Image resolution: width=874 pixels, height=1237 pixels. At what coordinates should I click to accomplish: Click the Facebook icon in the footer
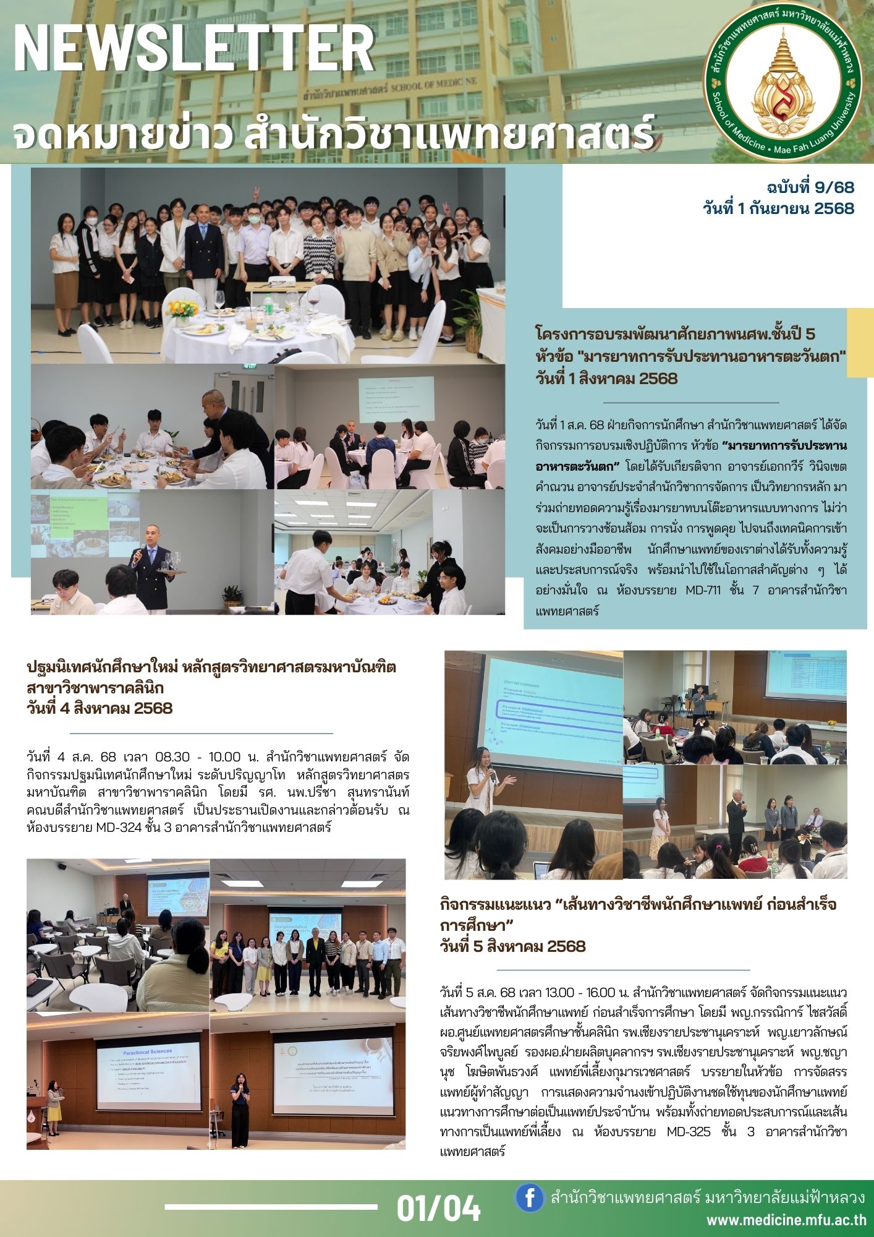530,1198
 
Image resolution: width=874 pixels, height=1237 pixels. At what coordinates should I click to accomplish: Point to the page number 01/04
438,1207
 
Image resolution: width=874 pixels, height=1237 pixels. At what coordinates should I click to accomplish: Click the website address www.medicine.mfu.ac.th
786,1220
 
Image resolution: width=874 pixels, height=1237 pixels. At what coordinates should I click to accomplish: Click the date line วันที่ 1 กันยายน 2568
778,208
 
